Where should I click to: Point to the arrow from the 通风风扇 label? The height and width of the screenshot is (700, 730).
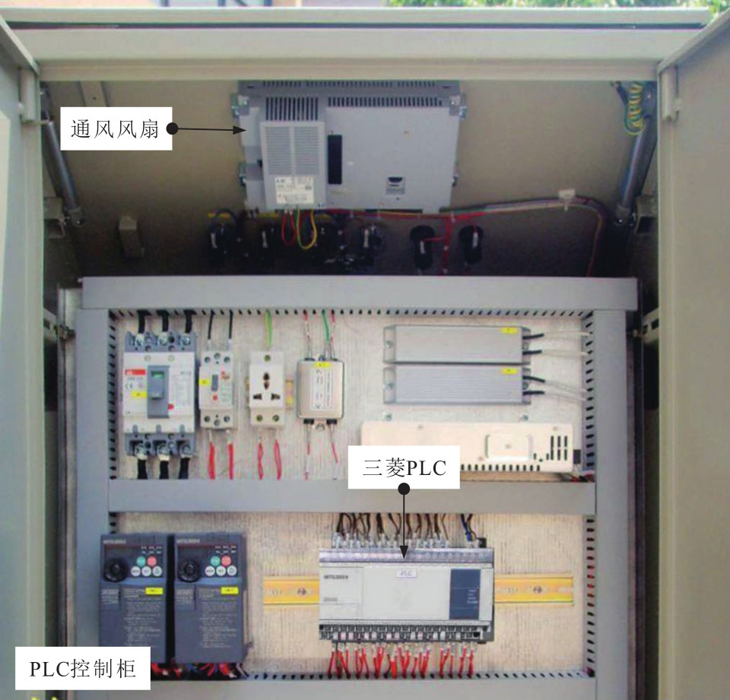click(213, 130)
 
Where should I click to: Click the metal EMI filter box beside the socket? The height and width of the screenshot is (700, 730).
click(320, 390)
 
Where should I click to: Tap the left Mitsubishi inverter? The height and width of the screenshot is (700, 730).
click(133, 597)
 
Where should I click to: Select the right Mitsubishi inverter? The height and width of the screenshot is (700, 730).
click(208, 597)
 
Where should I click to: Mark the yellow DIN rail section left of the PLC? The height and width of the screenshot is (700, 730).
click(291, 590)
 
